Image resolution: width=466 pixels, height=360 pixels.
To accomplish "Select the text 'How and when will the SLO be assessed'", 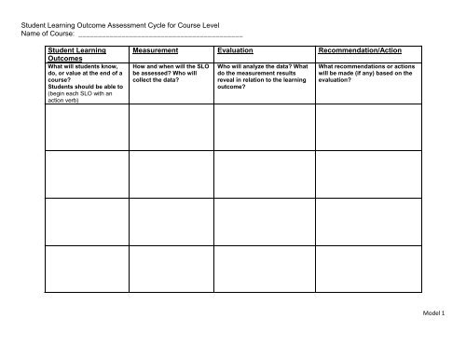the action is coord(171,72).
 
